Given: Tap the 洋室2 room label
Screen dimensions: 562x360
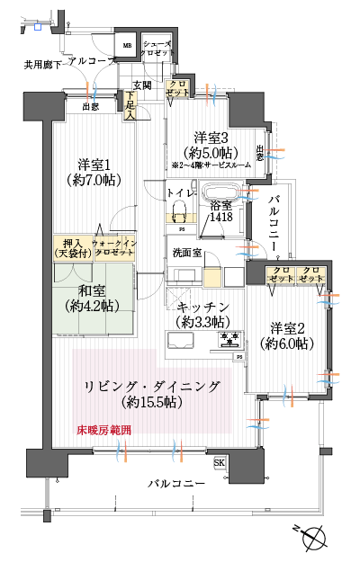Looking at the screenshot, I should (287, 335).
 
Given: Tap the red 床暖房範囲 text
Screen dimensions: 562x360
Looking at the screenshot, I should (103, 431).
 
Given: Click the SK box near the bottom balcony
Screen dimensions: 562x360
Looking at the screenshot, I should (219, 462).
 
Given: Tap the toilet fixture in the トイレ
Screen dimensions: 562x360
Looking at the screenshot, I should (177, 213).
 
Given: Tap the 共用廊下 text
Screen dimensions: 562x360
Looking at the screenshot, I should (42, 65).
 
